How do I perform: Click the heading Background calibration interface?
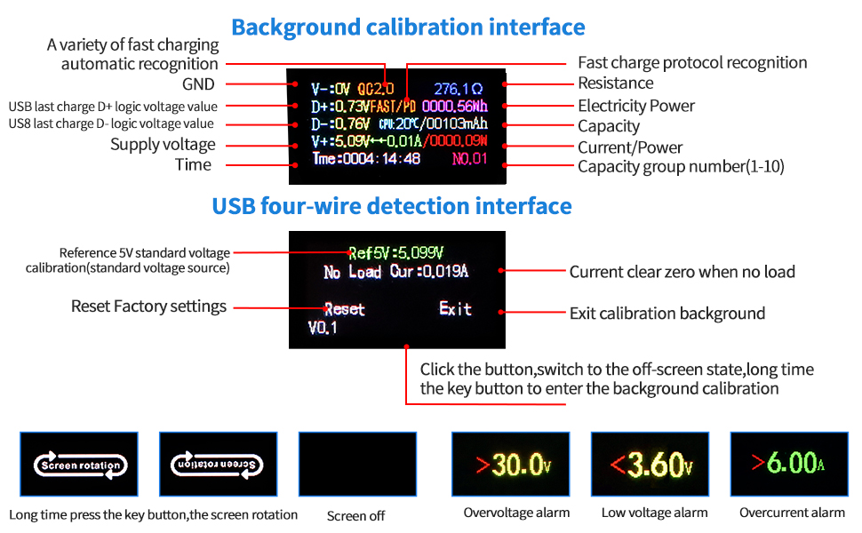(408, 27)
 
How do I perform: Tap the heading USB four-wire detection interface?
(392, 206)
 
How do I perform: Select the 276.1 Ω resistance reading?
(459, 89)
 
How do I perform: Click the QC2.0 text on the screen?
(375, 89)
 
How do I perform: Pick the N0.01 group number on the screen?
(470, 159)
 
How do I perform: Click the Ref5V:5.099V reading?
(396, 251)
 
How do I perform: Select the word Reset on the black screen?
(344, 309)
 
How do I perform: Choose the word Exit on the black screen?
(455, 308)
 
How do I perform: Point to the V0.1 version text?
(323, 328)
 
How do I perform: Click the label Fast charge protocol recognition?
(692, 62)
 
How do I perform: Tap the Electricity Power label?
(636, 106)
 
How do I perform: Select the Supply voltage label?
(163, 144)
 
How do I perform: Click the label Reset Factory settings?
(148, 306)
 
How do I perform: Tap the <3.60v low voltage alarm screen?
(650, 465)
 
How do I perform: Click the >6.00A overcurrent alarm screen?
(789, 465)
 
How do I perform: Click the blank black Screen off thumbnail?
(357, 465)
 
